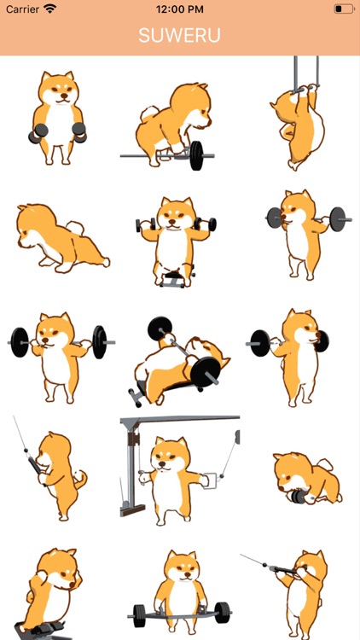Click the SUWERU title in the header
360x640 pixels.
(x=180, y=36)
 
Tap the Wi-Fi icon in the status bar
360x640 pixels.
(x=50, y=9)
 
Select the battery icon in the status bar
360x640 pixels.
(x=344, y=9)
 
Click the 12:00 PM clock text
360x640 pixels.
(x=180, y=9)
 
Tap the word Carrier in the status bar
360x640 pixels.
(x=22, y=9)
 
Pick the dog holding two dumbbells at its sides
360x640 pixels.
(x=57, y=118)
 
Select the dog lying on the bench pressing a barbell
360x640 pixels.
(x=180, y=361)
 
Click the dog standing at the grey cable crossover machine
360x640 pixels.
(x=171, y=480)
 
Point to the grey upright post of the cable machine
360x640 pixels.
(x=131, y=468)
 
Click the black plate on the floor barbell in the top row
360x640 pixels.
(x=196, y=155)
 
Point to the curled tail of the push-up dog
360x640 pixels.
(x=76, y=227)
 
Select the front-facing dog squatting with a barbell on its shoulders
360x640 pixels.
(x=61, y=358)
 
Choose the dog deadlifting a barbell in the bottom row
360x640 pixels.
(x=180, y=595)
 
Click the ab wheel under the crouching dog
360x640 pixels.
(x=299, y=497)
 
